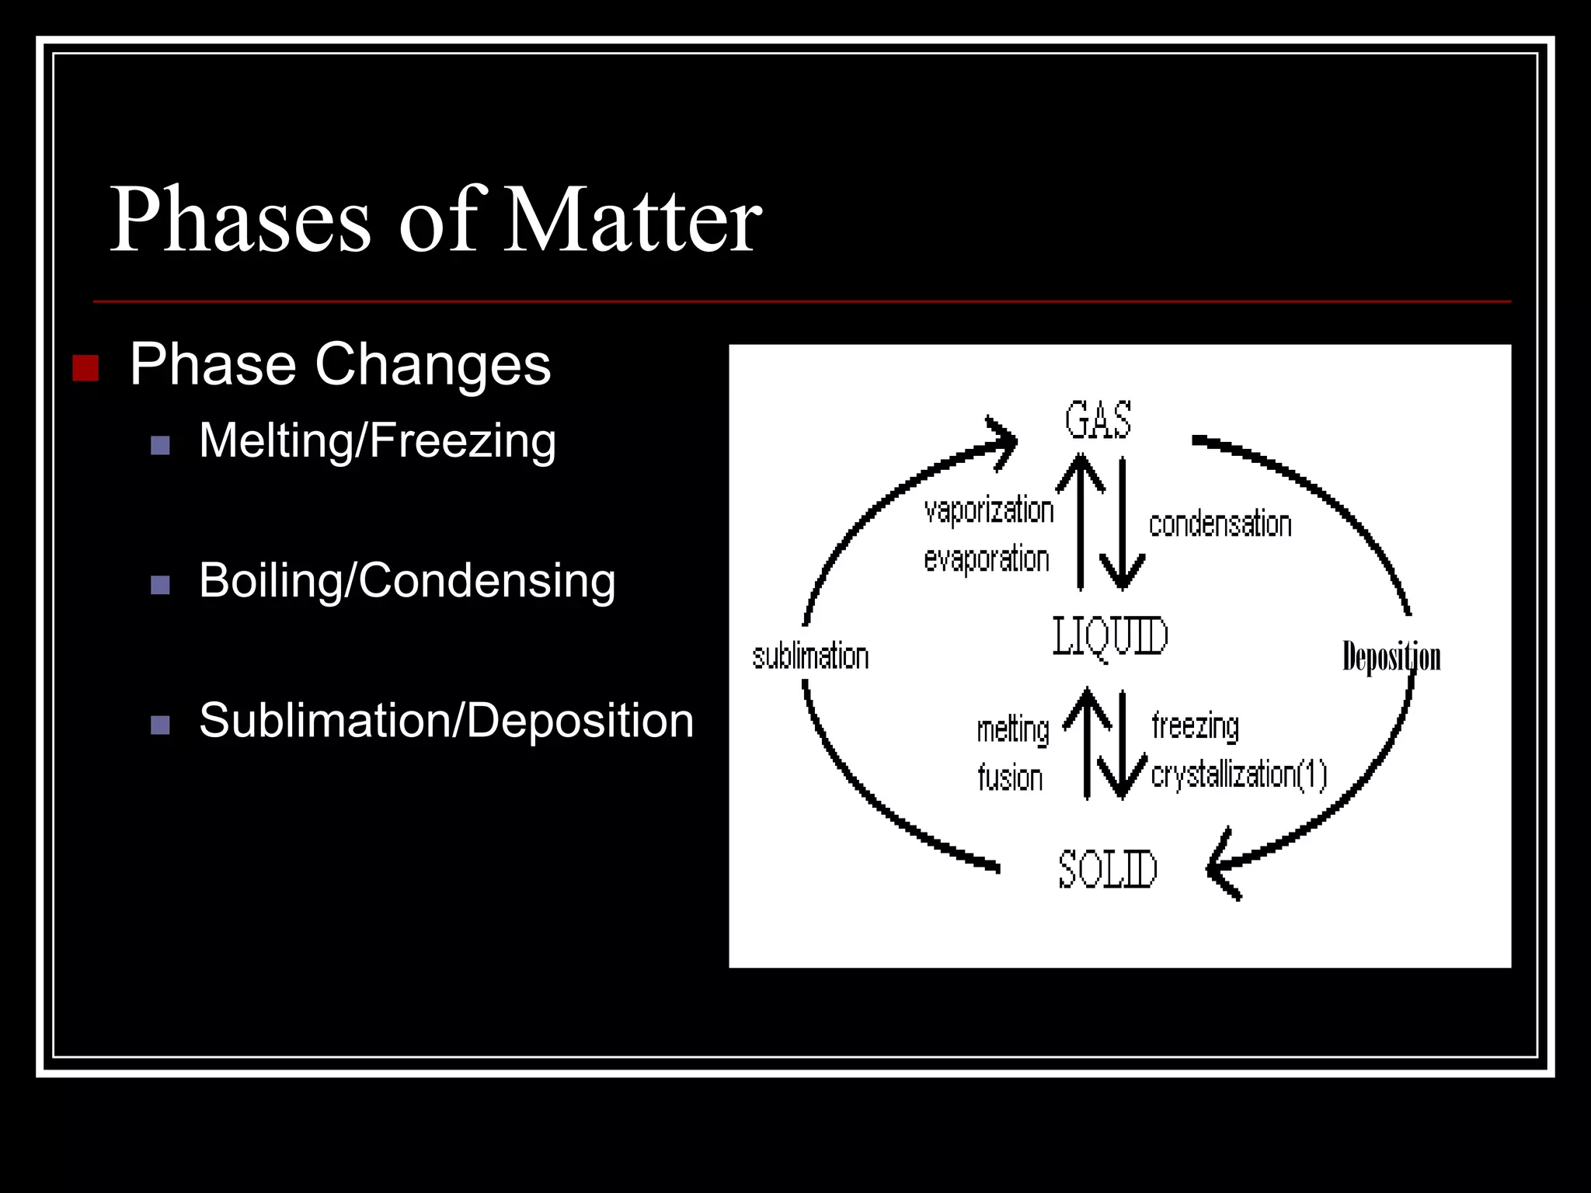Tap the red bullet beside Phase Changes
85,367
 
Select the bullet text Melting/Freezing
378,441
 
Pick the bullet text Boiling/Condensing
407,581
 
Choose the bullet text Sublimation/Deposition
446,721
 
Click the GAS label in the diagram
1098,421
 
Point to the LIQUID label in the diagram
1110,637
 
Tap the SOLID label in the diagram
1108,869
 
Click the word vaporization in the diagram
988,511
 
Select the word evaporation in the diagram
987,559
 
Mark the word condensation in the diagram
1220,525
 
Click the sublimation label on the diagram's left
810,657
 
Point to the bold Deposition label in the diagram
1391,657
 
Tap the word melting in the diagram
1013,730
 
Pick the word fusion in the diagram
1010,777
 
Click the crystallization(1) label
1239,774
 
